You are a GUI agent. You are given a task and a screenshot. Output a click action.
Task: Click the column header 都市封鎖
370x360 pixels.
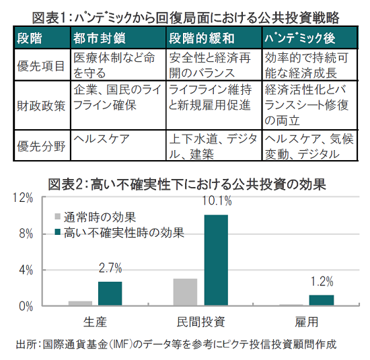coord(99,38)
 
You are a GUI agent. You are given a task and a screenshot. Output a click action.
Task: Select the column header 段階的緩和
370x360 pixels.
coord(202,38)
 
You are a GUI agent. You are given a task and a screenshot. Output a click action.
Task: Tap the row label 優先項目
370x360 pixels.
coord(41,66)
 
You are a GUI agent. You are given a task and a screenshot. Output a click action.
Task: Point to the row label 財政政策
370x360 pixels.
coord(41,106)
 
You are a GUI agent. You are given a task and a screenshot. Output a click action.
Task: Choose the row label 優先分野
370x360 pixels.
coord(41,146)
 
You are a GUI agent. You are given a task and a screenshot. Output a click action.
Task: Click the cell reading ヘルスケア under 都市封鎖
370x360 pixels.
coord(102,139)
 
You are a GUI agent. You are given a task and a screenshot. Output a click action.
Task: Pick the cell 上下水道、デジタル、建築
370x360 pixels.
coord(213,146)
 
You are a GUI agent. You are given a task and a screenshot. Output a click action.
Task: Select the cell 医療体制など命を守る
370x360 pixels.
coord(114,65)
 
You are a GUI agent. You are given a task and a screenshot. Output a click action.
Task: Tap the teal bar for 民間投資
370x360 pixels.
coord(216,260)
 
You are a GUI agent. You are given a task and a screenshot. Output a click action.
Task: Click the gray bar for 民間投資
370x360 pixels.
coord(185,292)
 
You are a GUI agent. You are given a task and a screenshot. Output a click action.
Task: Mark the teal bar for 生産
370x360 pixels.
coord(110,293)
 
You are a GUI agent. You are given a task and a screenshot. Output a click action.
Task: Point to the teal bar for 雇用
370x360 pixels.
coord(322,300)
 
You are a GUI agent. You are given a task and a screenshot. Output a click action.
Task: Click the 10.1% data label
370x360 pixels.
coord(217,201)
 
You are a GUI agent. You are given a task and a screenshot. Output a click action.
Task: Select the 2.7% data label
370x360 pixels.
coord(110,268)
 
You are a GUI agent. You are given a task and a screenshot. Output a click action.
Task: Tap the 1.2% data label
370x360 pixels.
coord(322,281)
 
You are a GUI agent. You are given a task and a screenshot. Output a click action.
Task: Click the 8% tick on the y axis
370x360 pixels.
coord(26,234)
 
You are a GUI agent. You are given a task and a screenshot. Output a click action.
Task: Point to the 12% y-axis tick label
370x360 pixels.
coord(23,198)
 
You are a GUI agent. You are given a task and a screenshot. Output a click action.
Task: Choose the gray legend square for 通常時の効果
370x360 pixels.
coord(58,217)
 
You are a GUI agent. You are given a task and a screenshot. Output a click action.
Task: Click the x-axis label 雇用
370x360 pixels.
coord(307,322)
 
